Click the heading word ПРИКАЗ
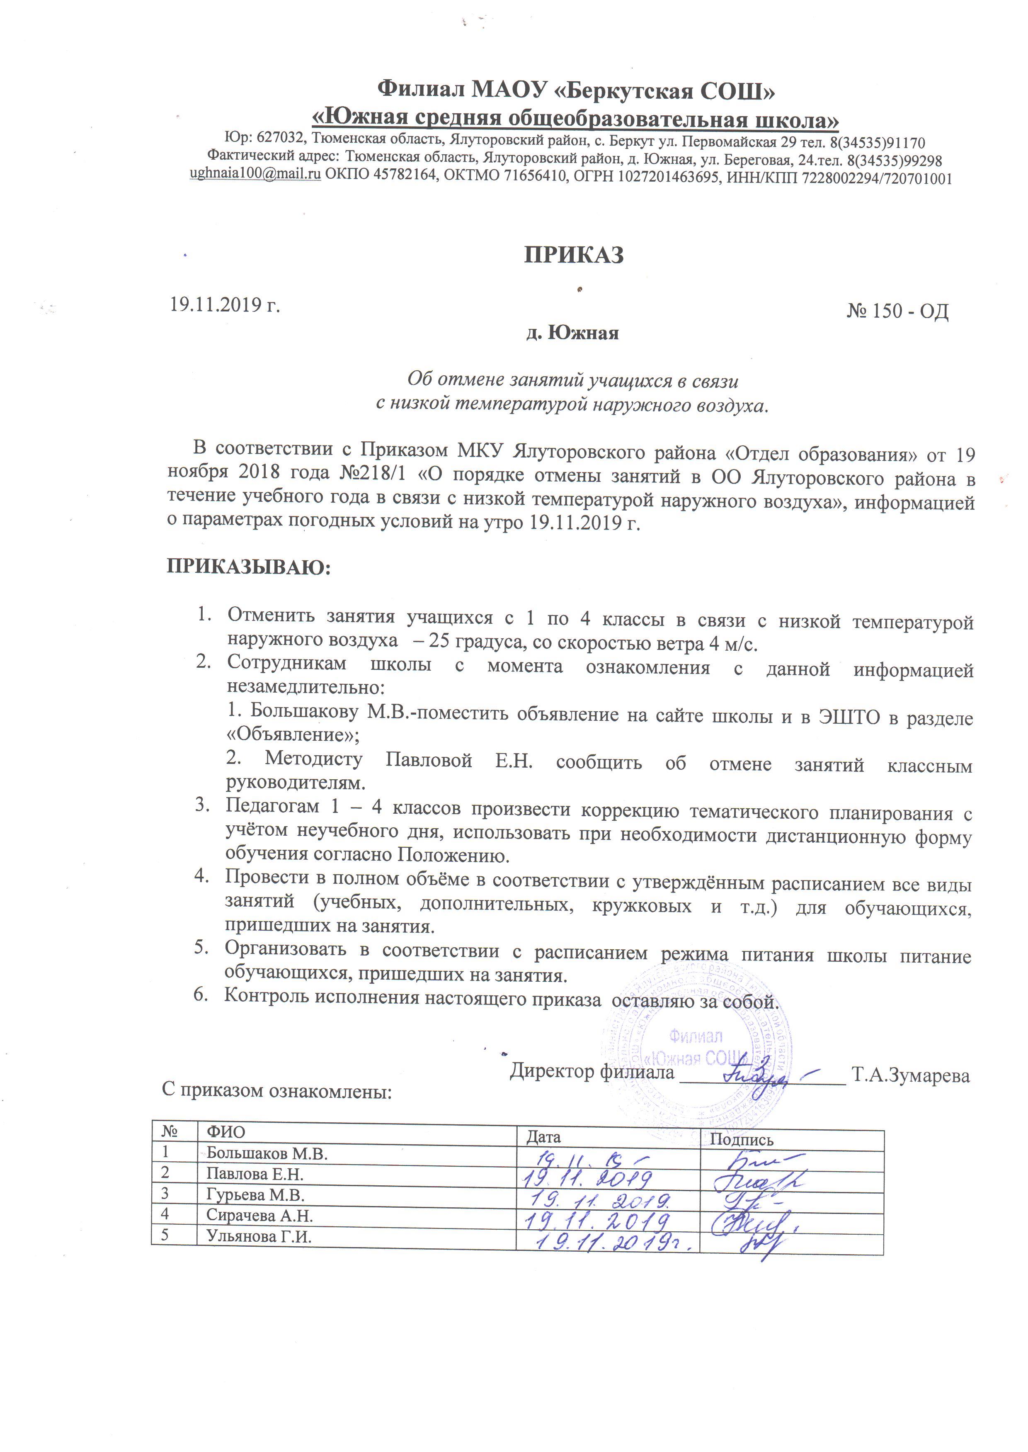pos(574,255)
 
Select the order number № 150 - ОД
pos(897,311)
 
